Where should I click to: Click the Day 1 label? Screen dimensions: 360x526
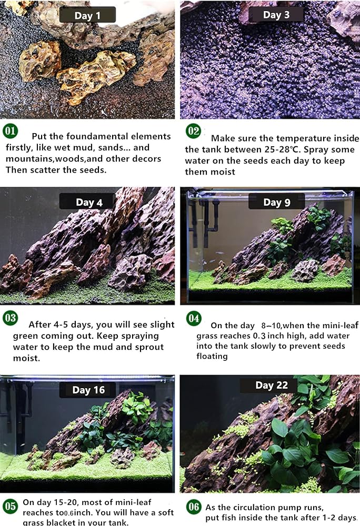tap(87, 15)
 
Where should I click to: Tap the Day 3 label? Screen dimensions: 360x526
tap(276, 15)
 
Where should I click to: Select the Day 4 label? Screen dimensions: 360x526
tap(88, 203)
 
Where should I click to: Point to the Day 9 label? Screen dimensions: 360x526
tap(277, 203)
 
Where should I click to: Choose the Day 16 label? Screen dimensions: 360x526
tap(88, 390)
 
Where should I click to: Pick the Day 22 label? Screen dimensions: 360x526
tap(272, 385)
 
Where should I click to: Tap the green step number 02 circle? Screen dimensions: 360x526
tap(194, 131)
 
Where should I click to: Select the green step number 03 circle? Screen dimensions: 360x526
tap(10, 318)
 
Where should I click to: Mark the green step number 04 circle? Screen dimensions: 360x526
tap(194, 318)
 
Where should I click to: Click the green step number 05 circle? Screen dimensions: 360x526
tap(10, 506)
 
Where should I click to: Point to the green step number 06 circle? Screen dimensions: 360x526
tap(194, 506)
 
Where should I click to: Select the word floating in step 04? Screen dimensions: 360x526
tap(212, 356)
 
